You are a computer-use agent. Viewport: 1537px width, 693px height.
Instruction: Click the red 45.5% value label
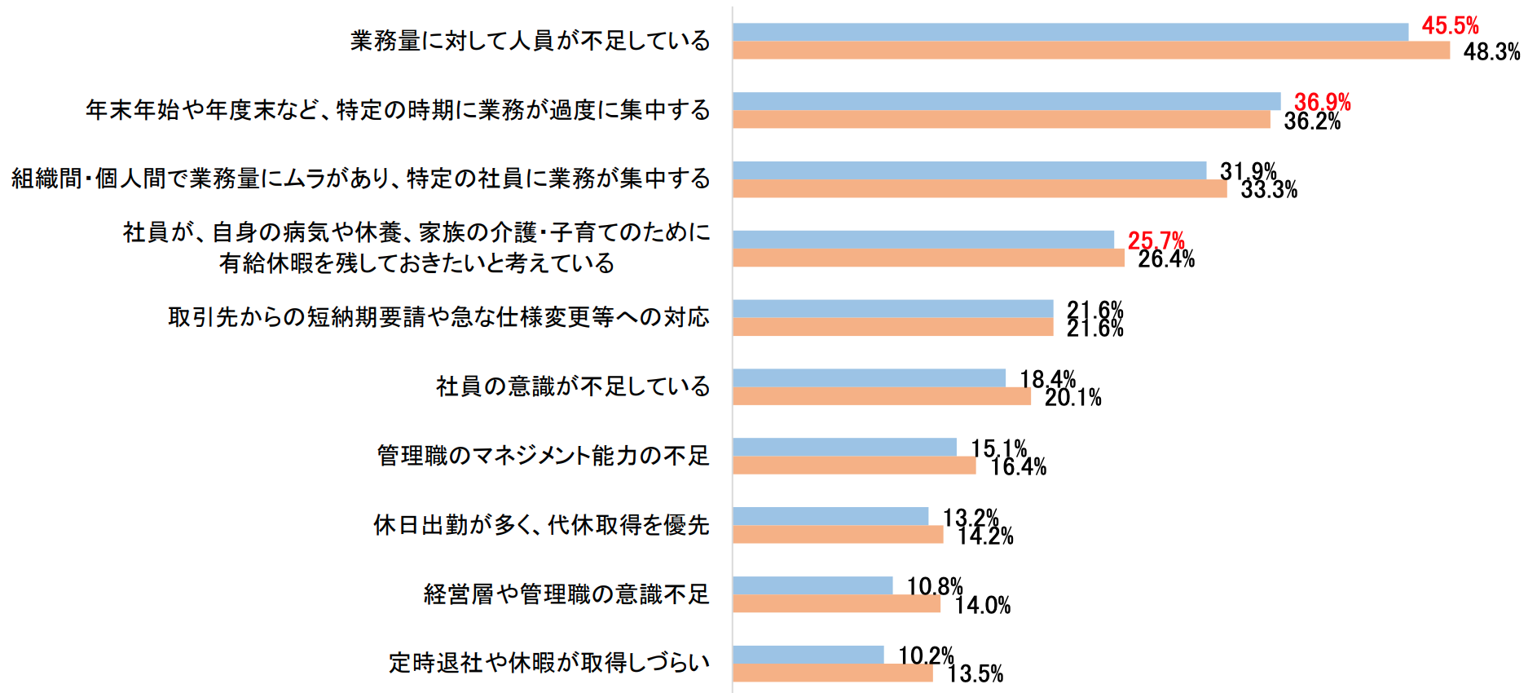1450,25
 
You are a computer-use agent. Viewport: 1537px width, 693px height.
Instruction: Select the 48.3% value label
1491,52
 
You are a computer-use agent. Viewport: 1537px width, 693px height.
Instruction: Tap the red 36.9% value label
1322,102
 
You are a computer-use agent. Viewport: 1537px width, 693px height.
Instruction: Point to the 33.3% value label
1269,190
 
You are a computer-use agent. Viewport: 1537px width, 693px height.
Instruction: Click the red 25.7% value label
1156,241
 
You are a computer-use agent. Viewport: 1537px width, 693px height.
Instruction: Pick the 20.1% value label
1072,398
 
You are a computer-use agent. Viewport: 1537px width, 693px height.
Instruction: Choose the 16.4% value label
1018,467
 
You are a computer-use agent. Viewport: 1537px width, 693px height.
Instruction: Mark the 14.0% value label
982,606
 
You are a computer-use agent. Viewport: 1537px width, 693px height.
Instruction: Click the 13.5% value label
975,674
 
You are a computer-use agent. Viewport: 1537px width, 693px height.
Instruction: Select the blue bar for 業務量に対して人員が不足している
1070,32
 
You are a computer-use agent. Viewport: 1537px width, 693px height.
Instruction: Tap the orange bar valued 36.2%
1001,120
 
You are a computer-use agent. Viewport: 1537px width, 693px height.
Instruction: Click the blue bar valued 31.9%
969,170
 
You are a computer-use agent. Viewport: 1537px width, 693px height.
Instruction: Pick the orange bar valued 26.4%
928,258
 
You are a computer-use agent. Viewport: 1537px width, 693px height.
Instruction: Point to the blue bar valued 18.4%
869,377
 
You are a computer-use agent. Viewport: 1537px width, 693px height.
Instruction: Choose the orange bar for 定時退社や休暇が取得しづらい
832,673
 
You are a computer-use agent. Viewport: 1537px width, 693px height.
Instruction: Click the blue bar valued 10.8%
813,585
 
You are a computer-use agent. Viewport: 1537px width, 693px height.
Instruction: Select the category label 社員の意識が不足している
573,386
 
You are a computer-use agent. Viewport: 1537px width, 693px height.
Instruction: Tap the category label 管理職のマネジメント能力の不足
544,456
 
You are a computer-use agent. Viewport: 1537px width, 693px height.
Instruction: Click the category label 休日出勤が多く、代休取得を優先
541,525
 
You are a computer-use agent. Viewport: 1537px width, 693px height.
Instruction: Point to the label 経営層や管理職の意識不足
566,594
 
